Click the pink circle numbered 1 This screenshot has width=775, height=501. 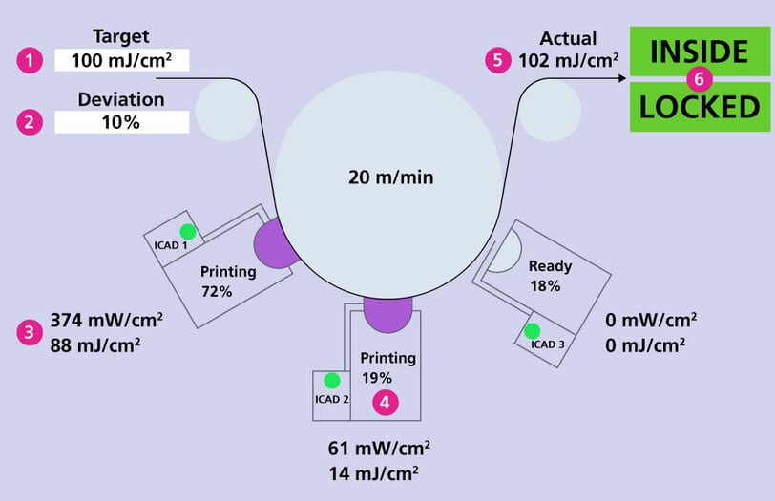pos(31,60)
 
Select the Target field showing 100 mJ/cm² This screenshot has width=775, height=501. pos(122,60)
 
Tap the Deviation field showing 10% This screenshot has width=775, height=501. pos(122,122)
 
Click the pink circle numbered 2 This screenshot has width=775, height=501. pos(31,122)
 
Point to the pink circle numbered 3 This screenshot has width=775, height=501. pos(31,332)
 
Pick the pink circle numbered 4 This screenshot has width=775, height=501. pos(385,403)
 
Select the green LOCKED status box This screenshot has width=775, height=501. pos(700,108)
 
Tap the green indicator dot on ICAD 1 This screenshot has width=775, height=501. pos(187,231)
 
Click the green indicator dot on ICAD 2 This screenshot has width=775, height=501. pos(330,380)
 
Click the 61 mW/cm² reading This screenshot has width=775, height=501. pos(378,447)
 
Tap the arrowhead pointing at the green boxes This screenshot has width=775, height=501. pos(622,79)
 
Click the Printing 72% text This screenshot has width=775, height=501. pos(228,281)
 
